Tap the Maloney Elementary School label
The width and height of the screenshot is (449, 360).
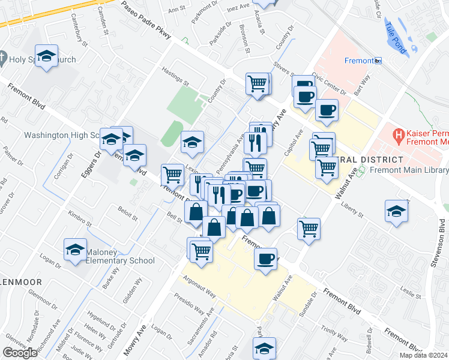[x=120, y=256]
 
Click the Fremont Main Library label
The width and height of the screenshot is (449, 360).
[x=409, y=170]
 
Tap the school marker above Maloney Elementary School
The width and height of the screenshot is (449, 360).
[x=75, y=249]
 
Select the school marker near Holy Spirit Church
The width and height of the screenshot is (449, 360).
[x=46, y=56]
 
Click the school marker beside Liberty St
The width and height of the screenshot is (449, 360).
[x=396, y=211]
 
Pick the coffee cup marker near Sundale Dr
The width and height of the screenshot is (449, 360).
[x=265, y=259]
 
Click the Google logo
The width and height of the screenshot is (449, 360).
[x=20, y=353]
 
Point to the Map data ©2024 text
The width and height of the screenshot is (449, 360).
[x=423, y=355]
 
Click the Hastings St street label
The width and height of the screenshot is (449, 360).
[x=175, y=76]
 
